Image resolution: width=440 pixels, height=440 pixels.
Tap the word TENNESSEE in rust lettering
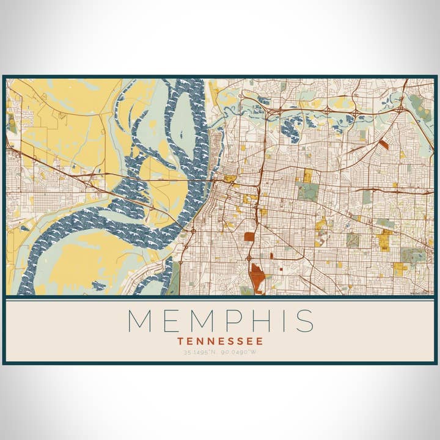click(220, 341)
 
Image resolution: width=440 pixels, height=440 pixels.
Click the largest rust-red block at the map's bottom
click(257, 279)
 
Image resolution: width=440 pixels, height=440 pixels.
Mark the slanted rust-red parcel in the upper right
click(383, 145)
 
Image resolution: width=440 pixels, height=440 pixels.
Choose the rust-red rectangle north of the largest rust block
click(249, 236)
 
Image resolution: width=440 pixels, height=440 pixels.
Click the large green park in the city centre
click(308, 192)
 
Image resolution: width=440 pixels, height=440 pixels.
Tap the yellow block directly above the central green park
click(307, 176)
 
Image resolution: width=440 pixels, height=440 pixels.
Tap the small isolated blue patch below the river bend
click(98, 285)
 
